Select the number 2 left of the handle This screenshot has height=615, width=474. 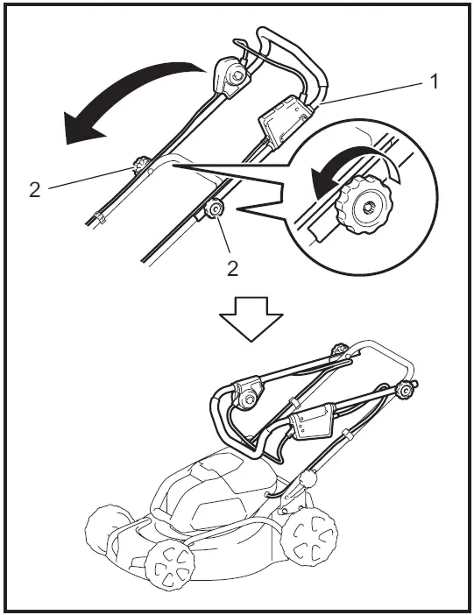click(x=34, y=189)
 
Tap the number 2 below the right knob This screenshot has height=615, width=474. click(x=232, y=268)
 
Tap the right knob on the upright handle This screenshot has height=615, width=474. click(x=213, y=210)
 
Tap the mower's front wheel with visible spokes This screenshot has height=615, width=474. click(x=173, y=567)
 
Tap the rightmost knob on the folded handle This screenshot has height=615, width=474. click(x=406, y=392)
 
